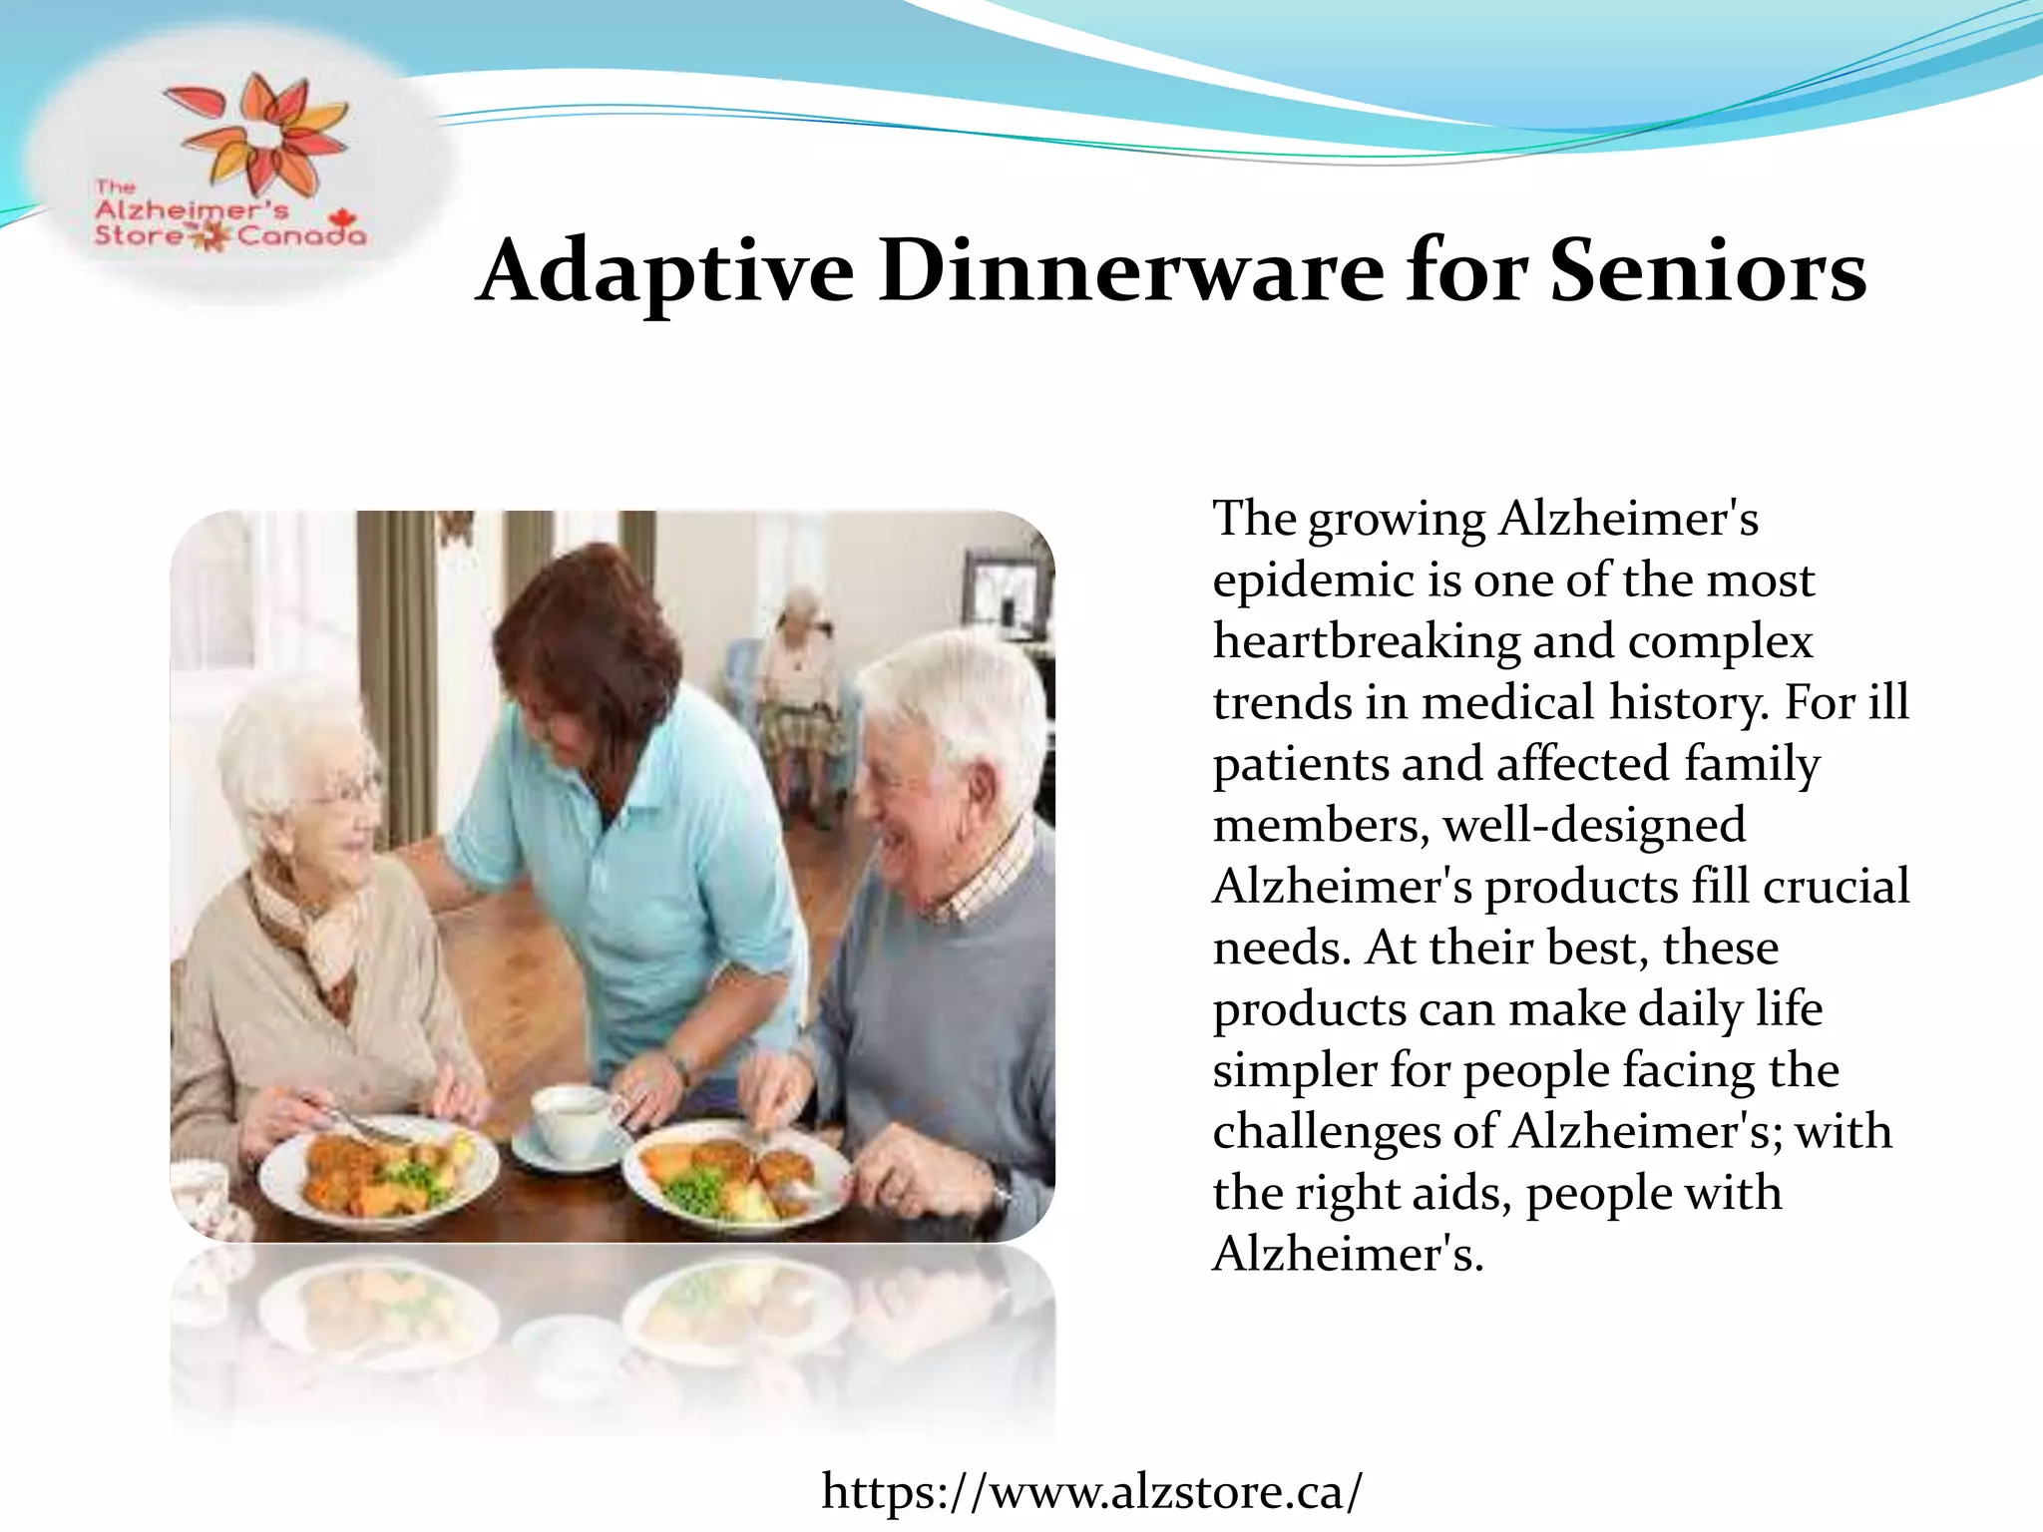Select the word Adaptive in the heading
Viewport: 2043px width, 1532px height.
[665, 271]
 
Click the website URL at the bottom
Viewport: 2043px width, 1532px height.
[1091, 1492]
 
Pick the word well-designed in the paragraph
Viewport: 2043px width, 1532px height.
[1594, 826]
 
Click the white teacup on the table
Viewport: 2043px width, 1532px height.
[571, 1115]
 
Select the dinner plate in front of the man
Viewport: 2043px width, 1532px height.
[736, 1178]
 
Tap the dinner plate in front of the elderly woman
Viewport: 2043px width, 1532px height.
[378, 1173]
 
